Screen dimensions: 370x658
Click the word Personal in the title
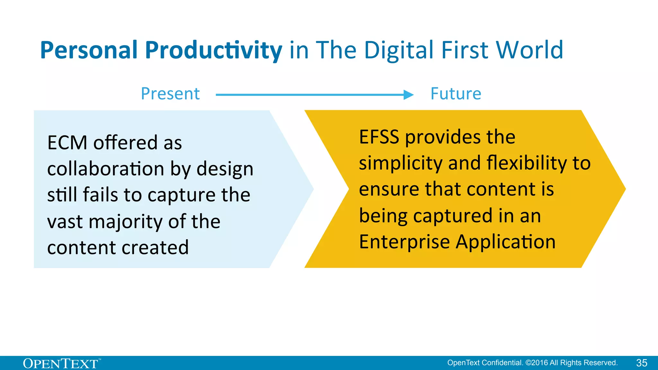[89, 50]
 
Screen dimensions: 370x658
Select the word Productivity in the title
[213, 50]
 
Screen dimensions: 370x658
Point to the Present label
[170, 94]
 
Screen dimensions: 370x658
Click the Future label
[456, 94]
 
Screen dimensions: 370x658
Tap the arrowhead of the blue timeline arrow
[408, 95]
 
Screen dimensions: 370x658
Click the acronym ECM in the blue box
[67, 143]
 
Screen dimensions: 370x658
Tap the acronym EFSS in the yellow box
[379, 137]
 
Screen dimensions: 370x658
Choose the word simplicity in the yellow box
[401, 163]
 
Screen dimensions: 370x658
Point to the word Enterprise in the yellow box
[404, 242]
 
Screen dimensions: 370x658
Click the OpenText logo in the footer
[61, 364]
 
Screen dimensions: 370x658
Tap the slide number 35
[642, 363]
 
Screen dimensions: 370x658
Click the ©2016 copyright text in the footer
[537, 363]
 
